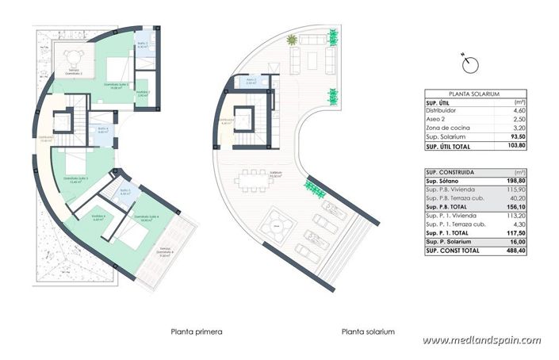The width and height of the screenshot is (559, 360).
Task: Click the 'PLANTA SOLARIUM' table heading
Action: point(473,94)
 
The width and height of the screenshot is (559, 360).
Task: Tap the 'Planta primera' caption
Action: point(196,331)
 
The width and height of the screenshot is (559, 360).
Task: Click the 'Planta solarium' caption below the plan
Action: point(368,331)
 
